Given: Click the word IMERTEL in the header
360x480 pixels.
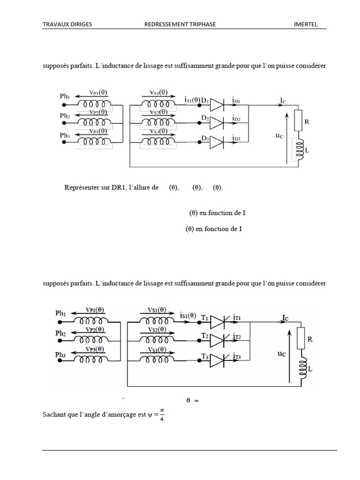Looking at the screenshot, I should click(x=305, y=24).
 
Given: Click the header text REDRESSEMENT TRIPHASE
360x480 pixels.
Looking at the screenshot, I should click(x=180, y=24).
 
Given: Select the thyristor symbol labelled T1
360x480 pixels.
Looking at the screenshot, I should click(x=219, y=322).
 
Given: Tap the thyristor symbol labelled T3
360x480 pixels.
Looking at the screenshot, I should click(x=219, y=360).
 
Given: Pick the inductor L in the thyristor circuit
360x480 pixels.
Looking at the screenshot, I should click(x=304, y=366).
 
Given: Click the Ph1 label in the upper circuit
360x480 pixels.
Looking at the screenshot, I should click(x=65, y=97).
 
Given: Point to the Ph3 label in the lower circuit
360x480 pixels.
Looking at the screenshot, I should click(x=60, y=355).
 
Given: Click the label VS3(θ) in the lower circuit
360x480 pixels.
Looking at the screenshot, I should click(x=157, y=350).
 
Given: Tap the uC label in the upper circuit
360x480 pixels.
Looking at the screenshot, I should click(x=280, y=135).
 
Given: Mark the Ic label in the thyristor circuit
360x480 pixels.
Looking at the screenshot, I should click(x=284, y=318).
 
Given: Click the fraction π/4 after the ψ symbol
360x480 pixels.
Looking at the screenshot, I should click(x=162, y=414).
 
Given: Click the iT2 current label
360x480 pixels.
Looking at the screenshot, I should click(x=237, y=337).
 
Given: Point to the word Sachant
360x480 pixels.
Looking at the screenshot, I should click(x=54, y=415).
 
